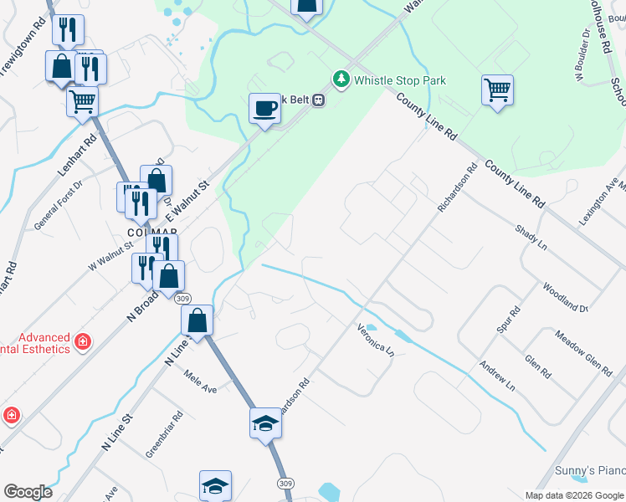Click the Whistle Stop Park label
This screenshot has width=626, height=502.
pos(400,80)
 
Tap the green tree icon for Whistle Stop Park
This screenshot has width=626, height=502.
pos(341,79)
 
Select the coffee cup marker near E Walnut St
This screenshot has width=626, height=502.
pos(265,109)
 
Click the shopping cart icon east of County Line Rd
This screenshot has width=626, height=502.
pos(497,90)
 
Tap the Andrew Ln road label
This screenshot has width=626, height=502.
pos(497,376)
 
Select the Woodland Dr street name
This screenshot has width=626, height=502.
pos(565,296)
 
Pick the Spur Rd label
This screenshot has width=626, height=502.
pos(509,320)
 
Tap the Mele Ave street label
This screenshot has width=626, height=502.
pos(201,383)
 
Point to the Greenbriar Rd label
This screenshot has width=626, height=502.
pos(165,434)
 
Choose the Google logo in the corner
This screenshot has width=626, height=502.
pos(28,492)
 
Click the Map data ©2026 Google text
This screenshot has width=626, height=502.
pos(574,495)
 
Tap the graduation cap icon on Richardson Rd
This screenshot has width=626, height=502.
pos(265,423)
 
